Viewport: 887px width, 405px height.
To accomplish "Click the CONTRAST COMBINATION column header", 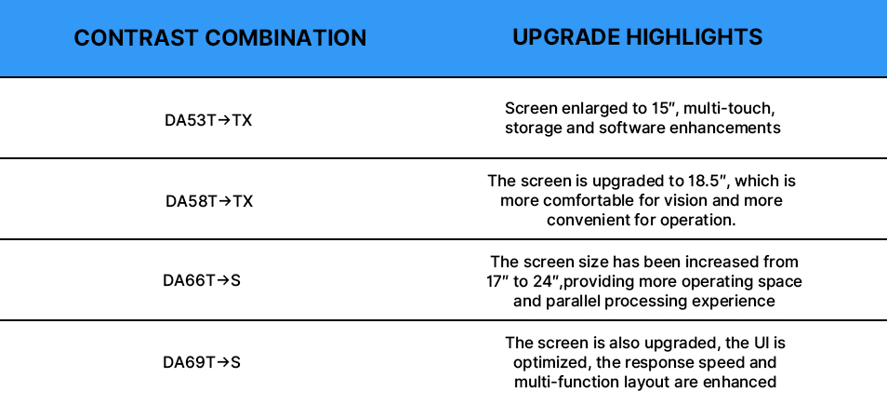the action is [x=220, y=38].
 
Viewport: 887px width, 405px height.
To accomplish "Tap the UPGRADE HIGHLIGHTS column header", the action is [x=638, y=37].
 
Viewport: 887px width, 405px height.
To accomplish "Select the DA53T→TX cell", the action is [x=208, y=121].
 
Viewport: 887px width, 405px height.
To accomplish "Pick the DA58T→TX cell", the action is [x=209, y=201].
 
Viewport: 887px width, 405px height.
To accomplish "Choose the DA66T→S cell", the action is [x=202, y=280].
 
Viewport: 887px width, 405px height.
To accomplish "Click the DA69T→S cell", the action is [x=202, y=362].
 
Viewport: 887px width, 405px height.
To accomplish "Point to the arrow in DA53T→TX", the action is [x=224, y=121].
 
